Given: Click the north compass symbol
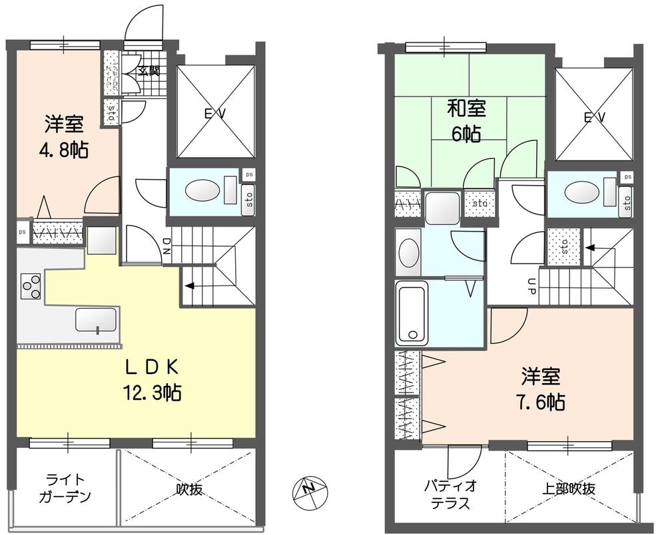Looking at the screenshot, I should coord(308,490).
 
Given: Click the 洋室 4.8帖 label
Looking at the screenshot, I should coord(64,135).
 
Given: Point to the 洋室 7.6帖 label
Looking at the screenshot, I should coord(540,389).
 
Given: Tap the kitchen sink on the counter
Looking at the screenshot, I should coord(96,319).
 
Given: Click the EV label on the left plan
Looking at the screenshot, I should coord(214,114).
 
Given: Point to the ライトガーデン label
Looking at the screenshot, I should coord(65,488).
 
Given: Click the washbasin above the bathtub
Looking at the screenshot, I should coord(409,254).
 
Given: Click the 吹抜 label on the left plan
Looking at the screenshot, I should coord(189,489).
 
